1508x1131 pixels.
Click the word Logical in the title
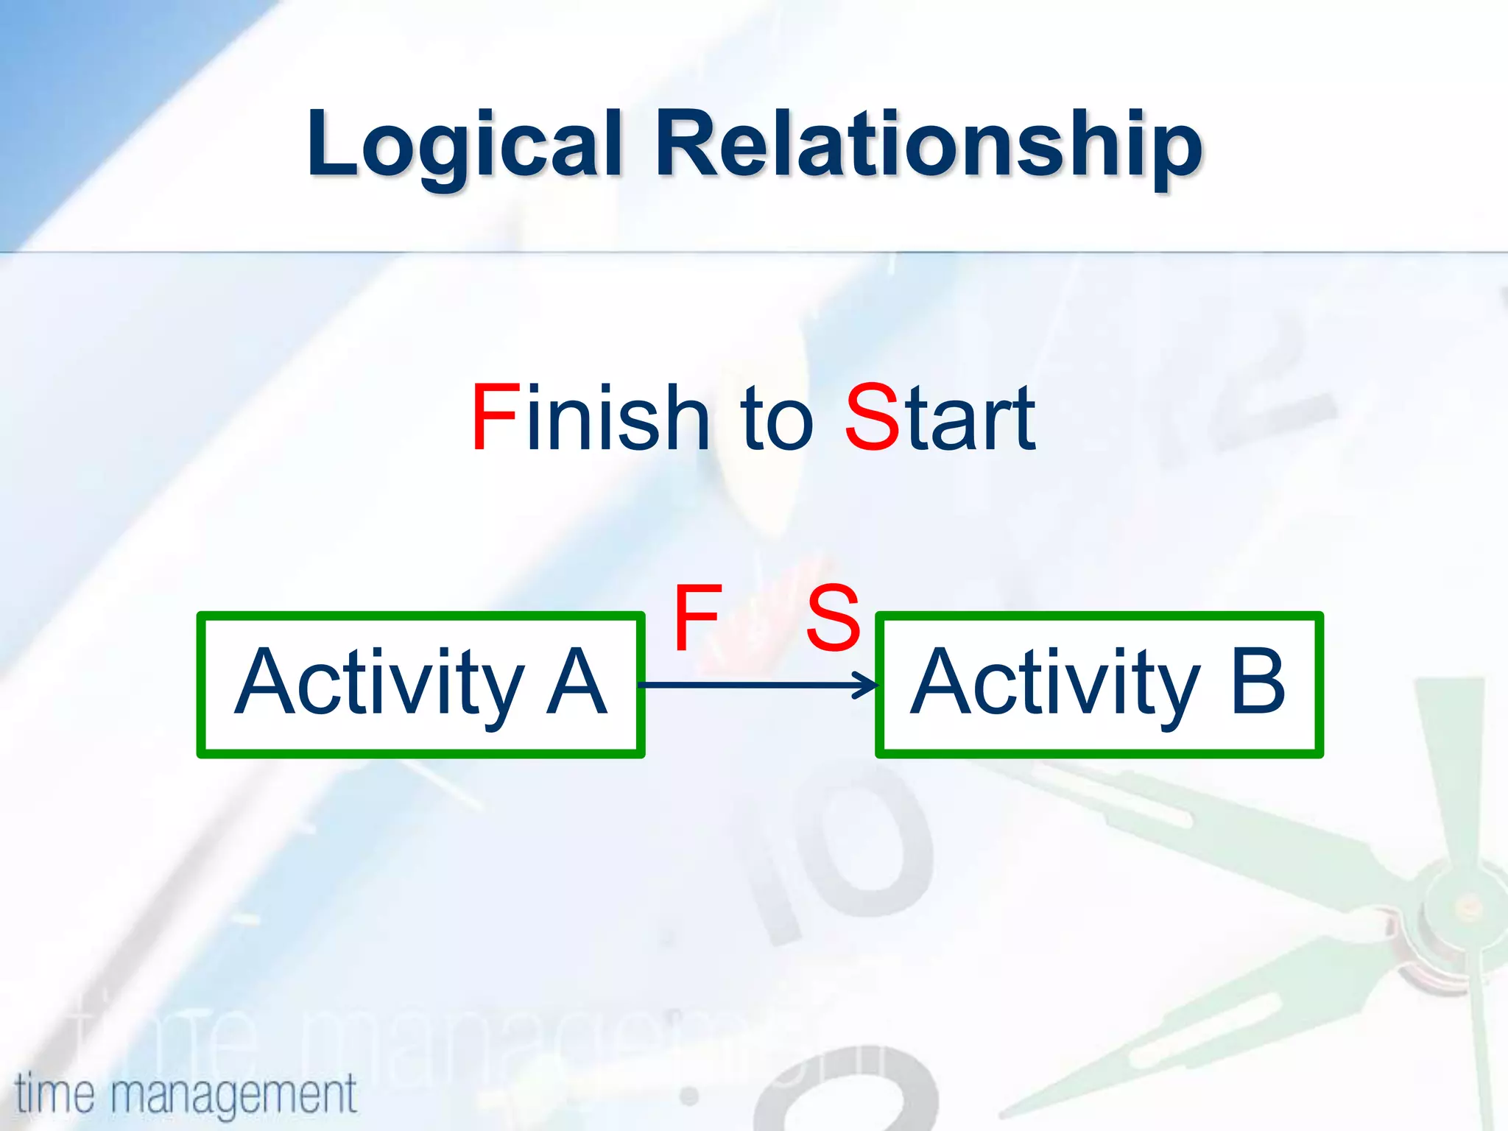point(464,144)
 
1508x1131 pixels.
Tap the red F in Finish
point(495,418)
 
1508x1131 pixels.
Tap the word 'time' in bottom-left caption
point(54,1093)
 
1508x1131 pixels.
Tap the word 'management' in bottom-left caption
point(233,1096)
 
